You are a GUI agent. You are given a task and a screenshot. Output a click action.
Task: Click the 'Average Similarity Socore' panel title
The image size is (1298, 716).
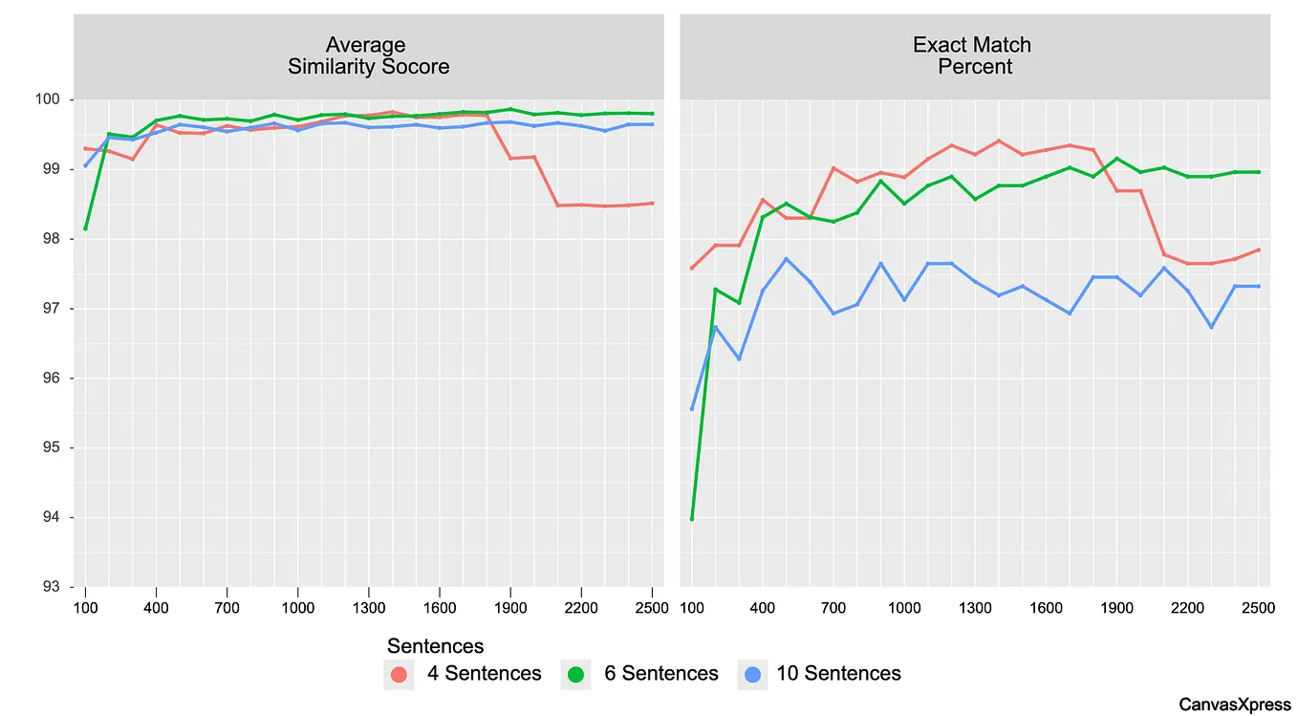368,55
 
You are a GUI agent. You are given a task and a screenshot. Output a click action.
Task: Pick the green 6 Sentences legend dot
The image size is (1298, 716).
576,674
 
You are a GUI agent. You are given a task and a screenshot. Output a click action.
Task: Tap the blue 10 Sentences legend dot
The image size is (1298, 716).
753,674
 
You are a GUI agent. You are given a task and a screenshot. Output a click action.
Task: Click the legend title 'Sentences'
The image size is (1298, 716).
435,646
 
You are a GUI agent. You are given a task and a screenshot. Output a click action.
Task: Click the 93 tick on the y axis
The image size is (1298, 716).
52,587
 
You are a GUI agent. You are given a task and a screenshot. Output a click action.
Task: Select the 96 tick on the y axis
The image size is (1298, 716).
52,379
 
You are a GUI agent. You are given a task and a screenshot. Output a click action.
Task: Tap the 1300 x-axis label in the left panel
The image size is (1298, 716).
368,606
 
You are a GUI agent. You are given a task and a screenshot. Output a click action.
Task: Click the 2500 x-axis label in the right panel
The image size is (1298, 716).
1258,606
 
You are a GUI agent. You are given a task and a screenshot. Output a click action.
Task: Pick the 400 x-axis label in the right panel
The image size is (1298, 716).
763,606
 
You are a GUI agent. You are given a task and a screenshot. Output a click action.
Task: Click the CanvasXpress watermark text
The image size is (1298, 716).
1234,705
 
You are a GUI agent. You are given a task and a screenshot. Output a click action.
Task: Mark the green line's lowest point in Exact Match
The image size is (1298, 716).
692,519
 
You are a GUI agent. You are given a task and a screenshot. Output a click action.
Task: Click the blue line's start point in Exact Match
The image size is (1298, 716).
692,409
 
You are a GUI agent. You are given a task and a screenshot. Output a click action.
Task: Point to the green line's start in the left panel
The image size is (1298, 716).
85,228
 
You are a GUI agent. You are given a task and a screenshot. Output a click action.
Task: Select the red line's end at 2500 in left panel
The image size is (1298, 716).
652,203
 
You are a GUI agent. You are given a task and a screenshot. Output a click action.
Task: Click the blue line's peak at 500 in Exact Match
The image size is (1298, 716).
786,258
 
